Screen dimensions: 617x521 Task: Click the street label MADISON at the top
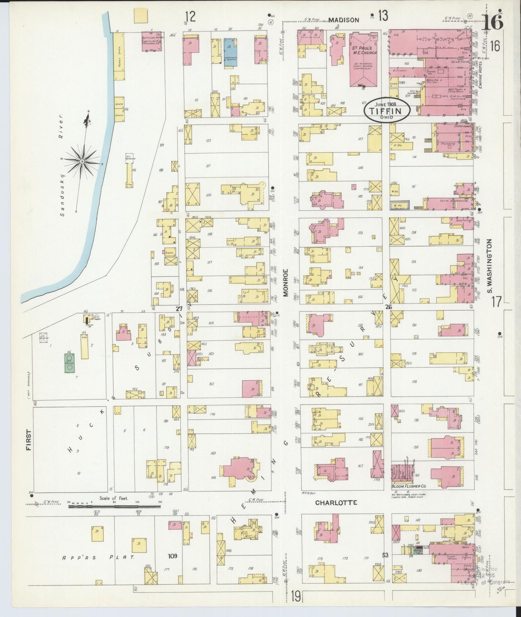tap(344, 20)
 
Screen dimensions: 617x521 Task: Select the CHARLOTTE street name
tap(336, 503)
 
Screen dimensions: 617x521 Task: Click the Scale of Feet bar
tap(114, 506)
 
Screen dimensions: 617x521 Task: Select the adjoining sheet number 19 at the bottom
tap(295, 596)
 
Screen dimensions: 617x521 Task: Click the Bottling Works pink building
tap(152, 41)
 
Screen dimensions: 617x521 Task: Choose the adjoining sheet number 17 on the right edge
tap(496, 301)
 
